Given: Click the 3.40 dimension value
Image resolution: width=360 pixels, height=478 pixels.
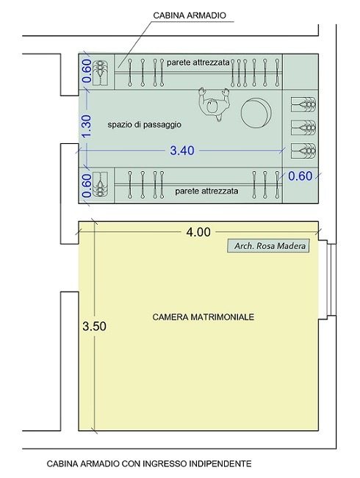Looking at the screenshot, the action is (182, 151).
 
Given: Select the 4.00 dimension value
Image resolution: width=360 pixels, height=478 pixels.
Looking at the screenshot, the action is (198, 232).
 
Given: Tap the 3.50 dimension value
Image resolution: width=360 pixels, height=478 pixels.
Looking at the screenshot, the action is (94, 326).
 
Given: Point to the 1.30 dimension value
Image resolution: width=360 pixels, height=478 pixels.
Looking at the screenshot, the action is (87, 126).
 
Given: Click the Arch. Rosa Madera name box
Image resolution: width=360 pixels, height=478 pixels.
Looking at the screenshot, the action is (268, 246).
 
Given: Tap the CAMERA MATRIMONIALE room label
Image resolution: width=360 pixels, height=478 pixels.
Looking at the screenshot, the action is (204, 317).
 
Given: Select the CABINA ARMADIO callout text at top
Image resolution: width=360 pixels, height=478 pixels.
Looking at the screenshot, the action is (190, 15).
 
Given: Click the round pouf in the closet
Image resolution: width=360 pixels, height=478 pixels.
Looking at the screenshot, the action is (256, 112).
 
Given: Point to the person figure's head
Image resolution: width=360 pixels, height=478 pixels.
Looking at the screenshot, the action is (212, 106).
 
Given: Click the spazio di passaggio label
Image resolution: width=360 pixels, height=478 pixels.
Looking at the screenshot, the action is (144, 125).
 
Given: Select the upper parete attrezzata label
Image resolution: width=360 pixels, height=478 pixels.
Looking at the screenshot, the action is (198, 62).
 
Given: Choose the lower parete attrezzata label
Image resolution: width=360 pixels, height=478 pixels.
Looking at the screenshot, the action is (206, 191).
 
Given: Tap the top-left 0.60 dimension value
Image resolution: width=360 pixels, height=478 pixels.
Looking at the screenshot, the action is (87, 71).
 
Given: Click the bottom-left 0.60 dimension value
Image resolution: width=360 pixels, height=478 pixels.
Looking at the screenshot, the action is (87, 185).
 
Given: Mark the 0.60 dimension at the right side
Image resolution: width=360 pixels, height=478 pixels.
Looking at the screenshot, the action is (300, 176).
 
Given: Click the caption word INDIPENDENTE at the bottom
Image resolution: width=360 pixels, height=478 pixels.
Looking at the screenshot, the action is (220, 463).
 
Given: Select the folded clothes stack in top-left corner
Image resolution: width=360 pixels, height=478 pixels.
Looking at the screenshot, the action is (100, 73).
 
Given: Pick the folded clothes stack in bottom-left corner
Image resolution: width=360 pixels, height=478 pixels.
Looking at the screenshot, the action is (100, 184).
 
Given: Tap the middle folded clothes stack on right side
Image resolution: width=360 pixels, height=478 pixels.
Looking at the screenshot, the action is (303, 128).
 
